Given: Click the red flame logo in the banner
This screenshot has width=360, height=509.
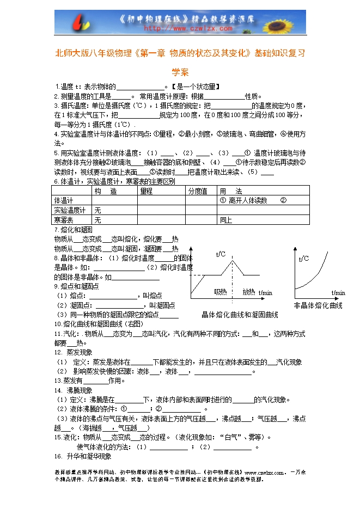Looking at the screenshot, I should coord(81,22).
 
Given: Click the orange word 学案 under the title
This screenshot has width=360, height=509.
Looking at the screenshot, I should coord(180,71).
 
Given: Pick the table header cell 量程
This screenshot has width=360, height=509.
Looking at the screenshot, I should coord(147,191).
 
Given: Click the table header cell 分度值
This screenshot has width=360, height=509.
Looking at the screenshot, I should coord(198,191).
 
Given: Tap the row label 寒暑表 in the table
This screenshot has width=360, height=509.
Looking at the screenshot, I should coord(64,219).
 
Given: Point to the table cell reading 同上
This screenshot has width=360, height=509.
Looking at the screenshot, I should coord(225,220).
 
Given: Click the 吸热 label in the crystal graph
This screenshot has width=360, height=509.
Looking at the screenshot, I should coord(220,291).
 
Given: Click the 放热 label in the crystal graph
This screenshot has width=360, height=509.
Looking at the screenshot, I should coord(249,291).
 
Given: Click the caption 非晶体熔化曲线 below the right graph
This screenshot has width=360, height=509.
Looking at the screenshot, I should coord(318,305).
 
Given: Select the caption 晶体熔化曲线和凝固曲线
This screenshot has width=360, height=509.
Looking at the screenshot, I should coord(240,315).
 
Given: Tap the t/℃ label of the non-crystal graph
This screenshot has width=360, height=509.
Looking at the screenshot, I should coord(303,259).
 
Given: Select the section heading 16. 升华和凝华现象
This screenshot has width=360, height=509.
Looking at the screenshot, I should coord(82,456).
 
